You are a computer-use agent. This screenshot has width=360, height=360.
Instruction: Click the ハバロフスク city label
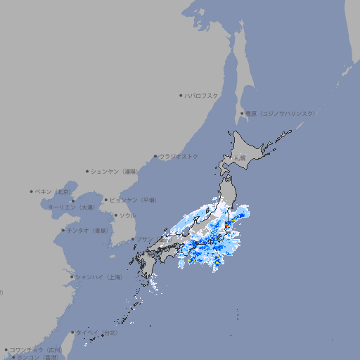click(202, 95)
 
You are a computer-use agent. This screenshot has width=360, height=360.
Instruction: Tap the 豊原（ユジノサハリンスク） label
click(281, 113)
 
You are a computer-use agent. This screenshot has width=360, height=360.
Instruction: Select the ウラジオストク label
click(179, 156)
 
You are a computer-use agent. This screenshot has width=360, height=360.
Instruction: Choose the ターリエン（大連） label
click(71, 207)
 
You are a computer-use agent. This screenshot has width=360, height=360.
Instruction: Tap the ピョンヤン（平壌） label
click(133, 200)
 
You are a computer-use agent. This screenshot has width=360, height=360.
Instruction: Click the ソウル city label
click(127, 215)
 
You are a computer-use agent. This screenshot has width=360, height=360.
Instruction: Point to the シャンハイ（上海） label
click(98, 277)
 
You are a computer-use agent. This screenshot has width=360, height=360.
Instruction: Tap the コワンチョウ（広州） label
click(36, 349)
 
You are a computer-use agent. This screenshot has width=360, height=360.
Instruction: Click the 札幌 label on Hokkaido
click(240, 158)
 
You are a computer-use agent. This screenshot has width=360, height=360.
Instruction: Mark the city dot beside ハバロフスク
click(181, 95)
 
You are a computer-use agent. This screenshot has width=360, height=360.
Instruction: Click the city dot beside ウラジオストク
click(155, 156)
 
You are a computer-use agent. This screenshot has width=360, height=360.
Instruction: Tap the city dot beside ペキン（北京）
click(32, 191)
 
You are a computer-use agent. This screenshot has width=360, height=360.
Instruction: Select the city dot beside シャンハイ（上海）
click(72, 277)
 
